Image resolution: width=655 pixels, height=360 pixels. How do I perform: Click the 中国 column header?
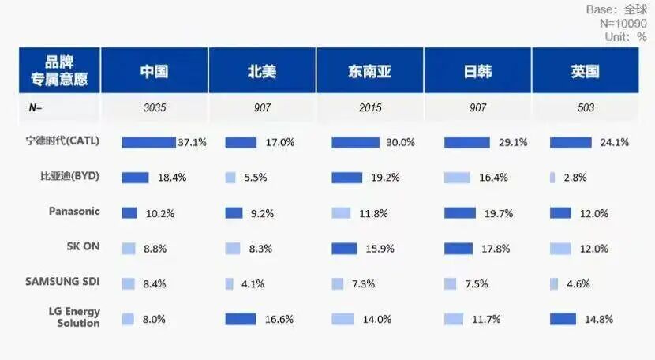[154, 71]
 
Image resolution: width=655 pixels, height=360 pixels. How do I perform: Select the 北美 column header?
[262, 71]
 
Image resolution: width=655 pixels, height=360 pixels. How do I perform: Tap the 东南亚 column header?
[369, 71]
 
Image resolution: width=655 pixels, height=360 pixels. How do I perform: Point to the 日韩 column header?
[477, 71]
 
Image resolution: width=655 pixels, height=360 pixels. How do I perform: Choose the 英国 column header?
[586, 71]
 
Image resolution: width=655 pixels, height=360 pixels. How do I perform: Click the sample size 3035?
[155, 107]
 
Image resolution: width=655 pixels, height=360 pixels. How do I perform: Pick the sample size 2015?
[370, 107]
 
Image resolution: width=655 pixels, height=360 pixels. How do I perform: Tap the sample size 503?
[586, 107]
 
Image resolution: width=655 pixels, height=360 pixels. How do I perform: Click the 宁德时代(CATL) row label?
[62, 141]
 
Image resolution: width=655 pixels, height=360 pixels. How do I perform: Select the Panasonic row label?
[74, 211]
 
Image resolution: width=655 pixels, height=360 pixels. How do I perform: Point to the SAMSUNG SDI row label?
[62, 281]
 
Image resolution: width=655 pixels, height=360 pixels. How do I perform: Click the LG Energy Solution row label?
[74, 317]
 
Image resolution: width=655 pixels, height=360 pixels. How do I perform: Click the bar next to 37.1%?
[148, 143]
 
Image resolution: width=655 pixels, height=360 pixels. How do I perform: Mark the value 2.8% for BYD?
[575, 178]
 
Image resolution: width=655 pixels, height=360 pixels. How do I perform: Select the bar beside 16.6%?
[241, 319]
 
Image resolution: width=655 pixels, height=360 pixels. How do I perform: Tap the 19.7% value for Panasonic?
[499, 214]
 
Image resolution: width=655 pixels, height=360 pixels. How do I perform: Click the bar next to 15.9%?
[344, 249]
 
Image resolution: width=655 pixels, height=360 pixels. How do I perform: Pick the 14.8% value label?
[599, 320]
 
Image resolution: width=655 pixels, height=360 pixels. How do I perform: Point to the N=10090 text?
[623, 23]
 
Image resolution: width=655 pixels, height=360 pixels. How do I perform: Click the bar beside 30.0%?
[355, 143]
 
